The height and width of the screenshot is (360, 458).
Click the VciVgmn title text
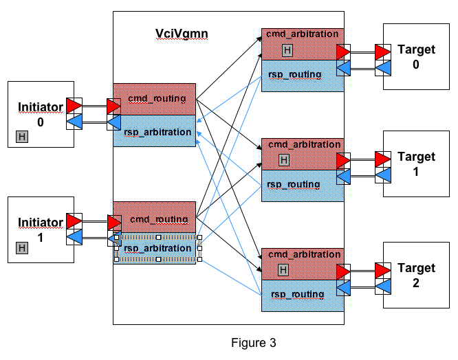[x=182, y=33]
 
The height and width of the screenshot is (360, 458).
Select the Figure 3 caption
[x=252, y=341]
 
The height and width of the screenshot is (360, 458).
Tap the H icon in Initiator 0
[x=22, y=137]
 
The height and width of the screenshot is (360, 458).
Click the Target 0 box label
[x=416, y=56]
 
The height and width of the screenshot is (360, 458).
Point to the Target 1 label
[x=416, y=164]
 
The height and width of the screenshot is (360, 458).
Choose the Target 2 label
[x=416, y=275]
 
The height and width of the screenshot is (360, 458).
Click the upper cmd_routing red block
[x=155, y=99]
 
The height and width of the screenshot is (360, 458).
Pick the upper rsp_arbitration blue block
[x=155, y=132]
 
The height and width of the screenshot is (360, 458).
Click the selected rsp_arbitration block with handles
[x=157, y=248]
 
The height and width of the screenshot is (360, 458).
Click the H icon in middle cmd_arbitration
[x=285, y=160]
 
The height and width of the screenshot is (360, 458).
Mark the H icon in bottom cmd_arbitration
[x=283, y=270]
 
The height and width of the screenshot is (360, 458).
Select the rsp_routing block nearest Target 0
[x=296, y=76]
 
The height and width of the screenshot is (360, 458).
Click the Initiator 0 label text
[x=40, y=114]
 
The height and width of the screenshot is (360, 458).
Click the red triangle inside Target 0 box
[x=383, y=52]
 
